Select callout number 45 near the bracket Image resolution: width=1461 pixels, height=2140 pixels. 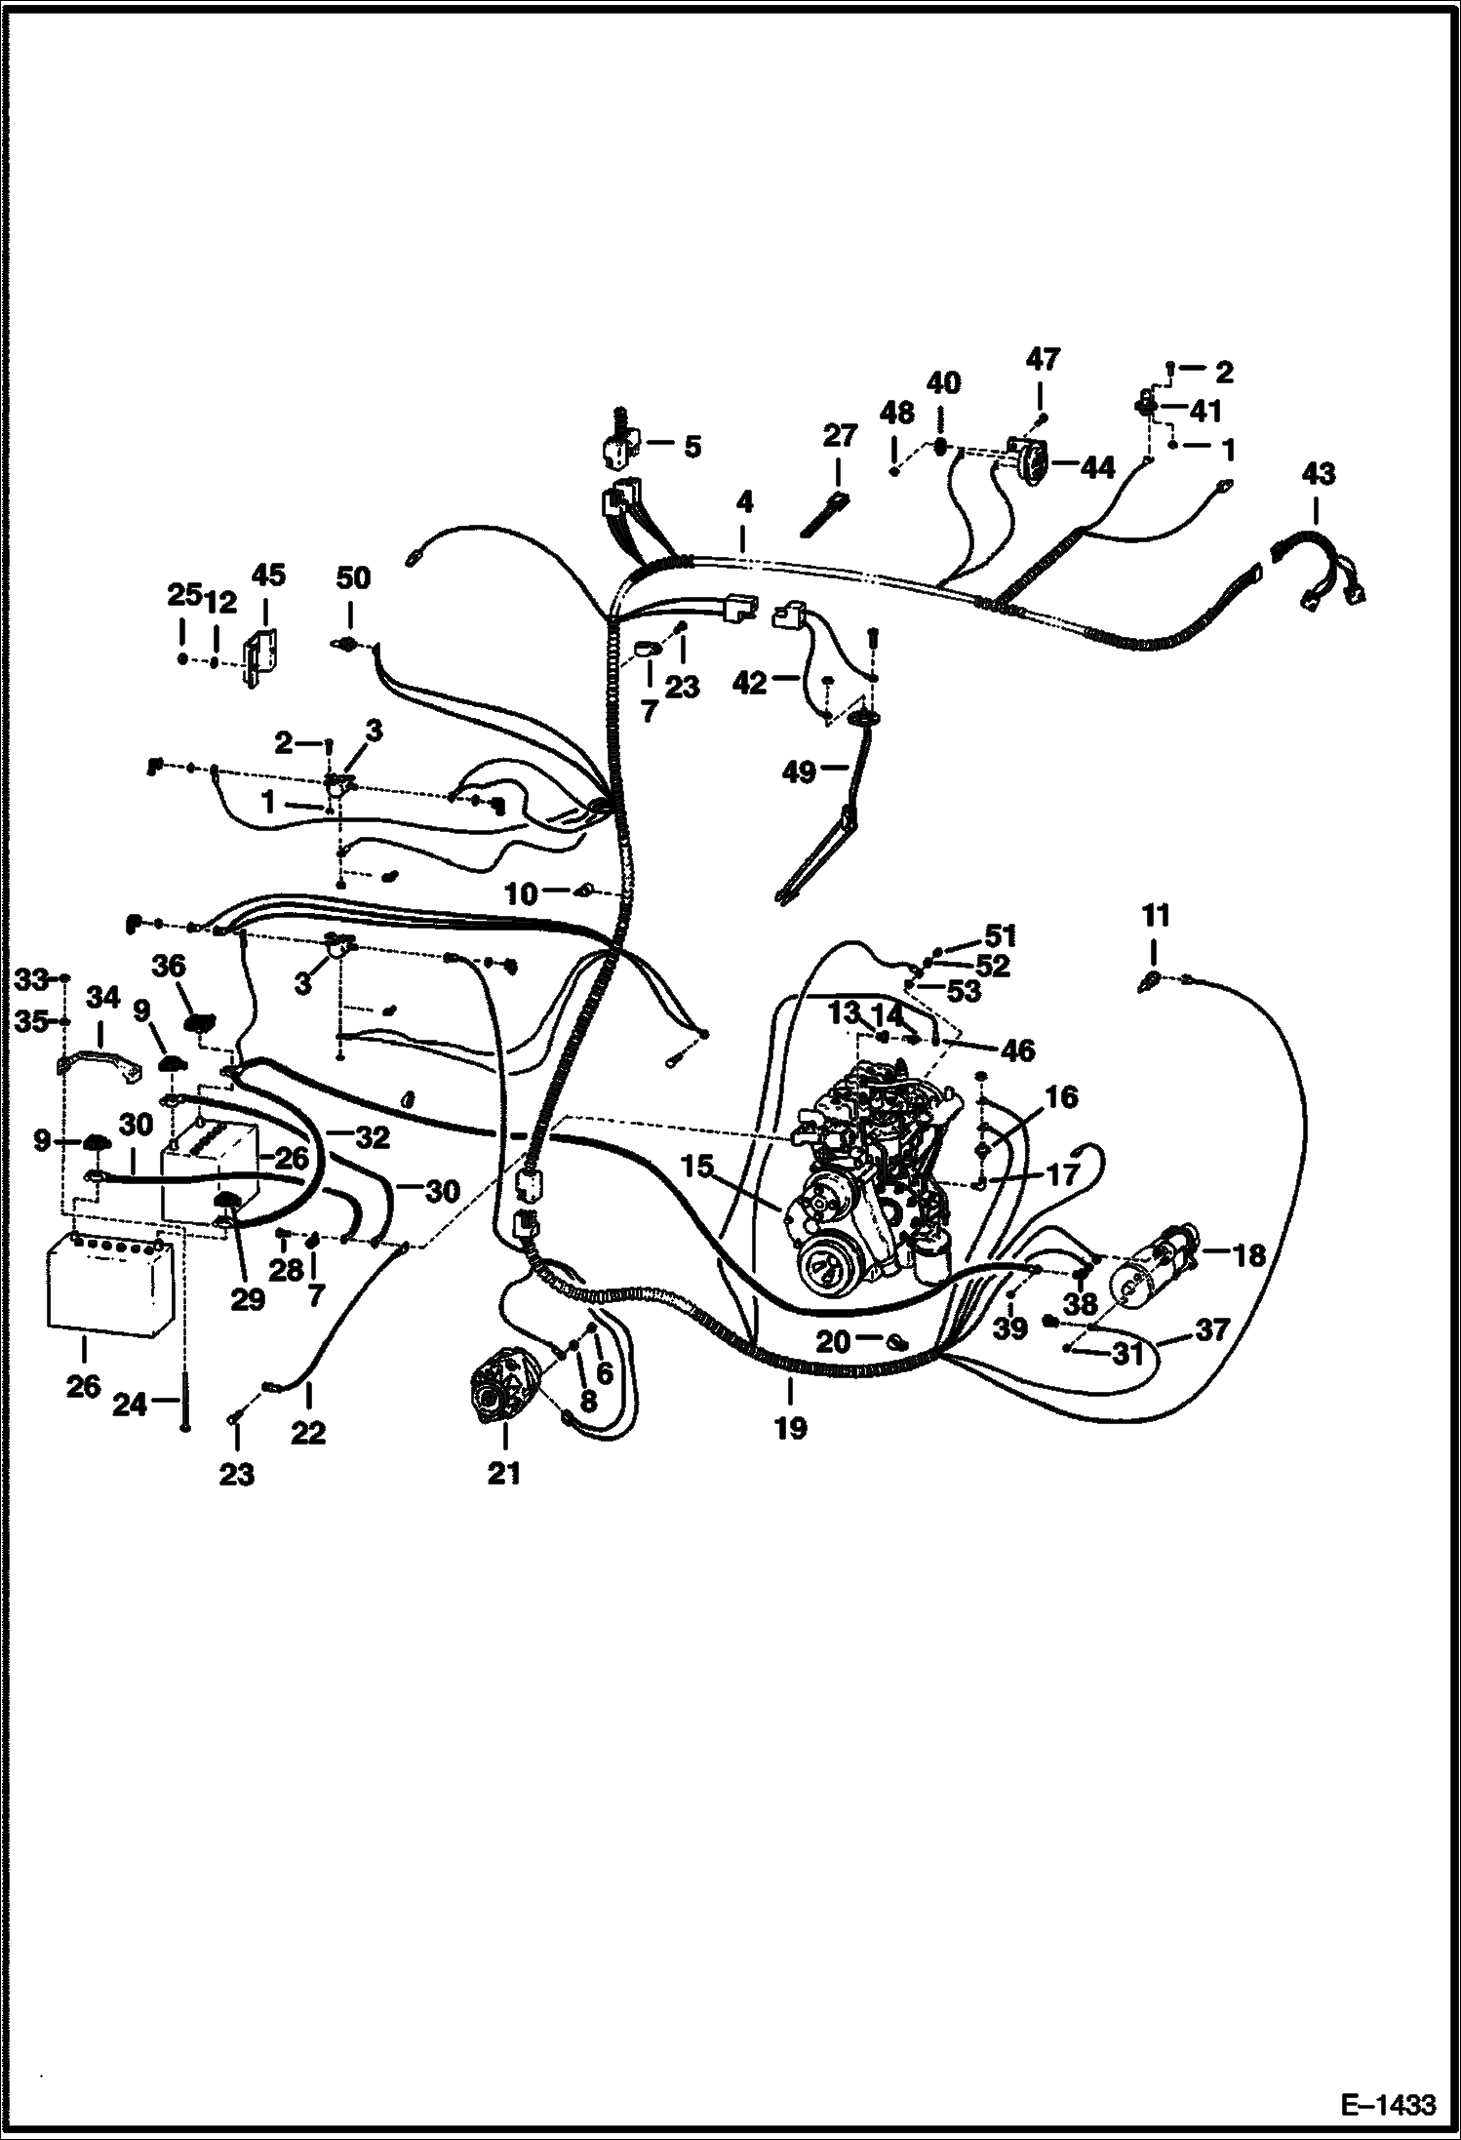click(268, 575)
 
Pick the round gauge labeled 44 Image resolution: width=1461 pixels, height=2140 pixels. click(1023, 456)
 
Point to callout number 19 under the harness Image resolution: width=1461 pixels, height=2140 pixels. click(790, 1428)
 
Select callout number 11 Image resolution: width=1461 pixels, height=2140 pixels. click(1155, 916)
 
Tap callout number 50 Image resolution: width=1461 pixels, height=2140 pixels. click(353, 578)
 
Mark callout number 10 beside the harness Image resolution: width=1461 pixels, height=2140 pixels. click(522, 893)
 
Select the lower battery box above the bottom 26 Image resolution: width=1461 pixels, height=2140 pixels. click(109, 1283)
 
